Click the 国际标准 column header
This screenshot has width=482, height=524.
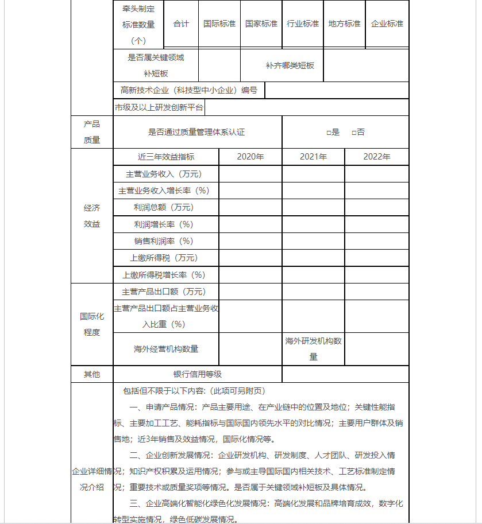[x=219, y=24]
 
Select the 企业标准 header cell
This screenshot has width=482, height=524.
[x=387, y=24]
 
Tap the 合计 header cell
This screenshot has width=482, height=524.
[x=181, y=24]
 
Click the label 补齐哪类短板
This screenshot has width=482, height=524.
[x=290, y=65]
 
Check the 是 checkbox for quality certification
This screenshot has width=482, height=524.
[x=328, y=133]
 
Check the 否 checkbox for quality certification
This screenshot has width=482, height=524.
[x=353, y=133]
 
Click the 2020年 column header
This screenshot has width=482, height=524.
[x=250, y=157]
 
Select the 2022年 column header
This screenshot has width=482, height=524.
[x=376, y=157]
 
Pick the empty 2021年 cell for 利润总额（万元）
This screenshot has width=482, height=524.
[x=313, y=207]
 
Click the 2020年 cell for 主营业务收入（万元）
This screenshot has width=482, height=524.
[x=250, y=174]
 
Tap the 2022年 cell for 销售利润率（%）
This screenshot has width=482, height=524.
[x=376, y=241]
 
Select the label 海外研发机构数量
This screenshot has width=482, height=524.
[x=313, y=349]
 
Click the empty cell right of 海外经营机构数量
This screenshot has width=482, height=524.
[x=250, y=349]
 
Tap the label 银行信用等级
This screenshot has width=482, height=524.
[x=198, y=374]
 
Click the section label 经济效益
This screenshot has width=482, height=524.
[x=92, y=216]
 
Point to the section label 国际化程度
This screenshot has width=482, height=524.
[x=92, y=324]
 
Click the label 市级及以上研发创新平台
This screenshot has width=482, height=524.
[x=159, y=107]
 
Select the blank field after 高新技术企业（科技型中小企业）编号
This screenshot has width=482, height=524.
[x=336, y=90]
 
